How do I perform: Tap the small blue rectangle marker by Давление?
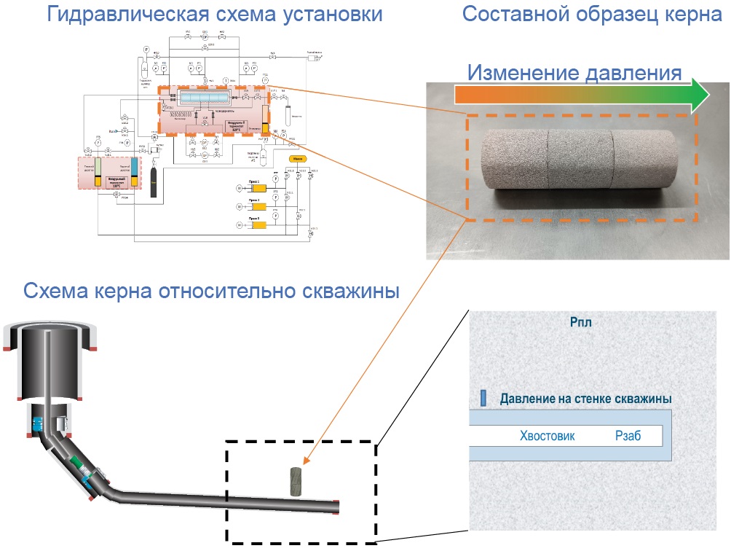pyautogui.click(x=483, y=398)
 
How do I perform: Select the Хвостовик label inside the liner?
pyautogui.click(x=547, y=436)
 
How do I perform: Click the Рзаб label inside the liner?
pyautogui.click(x=625, y=436)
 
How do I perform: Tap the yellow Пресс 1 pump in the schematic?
pyautogui.click(x=255, y=189)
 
